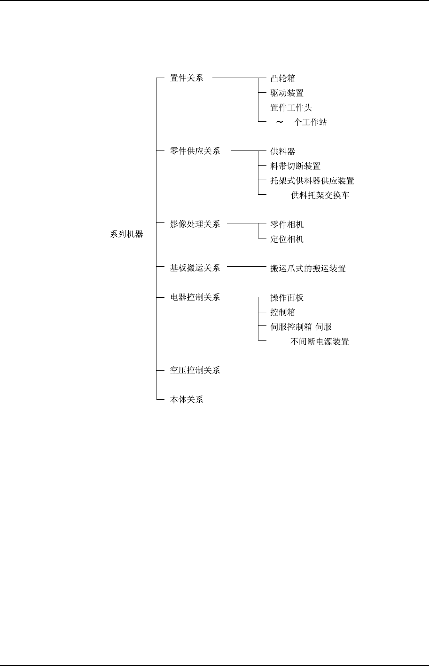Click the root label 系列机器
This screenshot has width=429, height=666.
click(x=126, y=234)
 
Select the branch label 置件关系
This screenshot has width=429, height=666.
click(x=187, y=78)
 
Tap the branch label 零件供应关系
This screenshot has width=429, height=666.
click(x=195, y=151)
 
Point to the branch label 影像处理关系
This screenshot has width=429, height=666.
click(x=195, y=224)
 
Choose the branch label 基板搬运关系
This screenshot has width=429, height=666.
click(x=195, y=268)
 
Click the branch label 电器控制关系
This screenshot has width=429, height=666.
click(x=195, y=297)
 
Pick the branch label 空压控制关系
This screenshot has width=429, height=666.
click(x=195, y=370)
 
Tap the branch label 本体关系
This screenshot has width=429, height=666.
click(x=187, y=400)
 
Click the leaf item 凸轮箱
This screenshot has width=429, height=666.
click(x=283, y=79)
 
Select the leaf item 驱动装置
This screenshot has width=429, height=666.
click(x=287, y=93)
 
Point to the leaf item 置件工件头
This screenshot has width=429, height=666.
click(x=291, y=108)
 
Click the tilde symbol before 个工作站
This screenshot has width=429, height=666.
click(x=280, y=122)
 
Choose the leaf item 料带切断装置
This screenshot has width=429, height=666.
click(x=296, y=166)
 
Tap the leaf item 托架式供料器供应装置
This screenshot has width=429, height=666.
click(x=312, y=181)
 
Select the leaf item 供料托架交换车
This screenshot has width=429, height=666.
click(x=320, y=195)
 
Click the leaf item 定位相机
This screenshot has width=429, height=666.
click(x=287, y=239)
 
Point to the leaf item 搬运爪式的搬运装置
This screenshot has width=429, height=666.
click(x=308, y=269)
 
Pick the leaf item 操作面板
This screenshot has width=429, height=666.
click(x=287, y=298)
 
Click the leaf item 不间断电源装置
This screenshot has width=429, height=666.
click(x=320, y=342)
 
